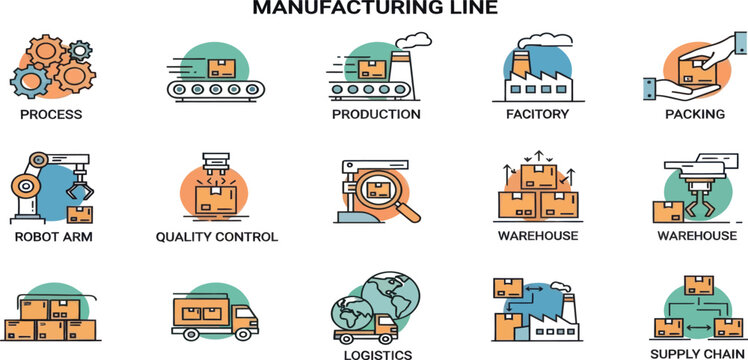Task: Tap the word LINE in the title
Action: tap(471, 9)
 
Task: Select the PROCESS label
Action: tap(50, 114)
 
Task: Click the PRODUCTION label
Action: tap(376, 114)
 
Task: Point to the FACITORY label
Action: tap(537, 114)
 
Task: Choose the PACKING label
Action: tap(695, 114)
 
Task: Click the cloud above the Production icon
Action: tap(414, 41)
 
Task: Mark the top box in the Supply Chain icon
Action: tap(697, 285)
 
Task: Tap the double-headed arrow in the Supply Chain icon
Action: tap(697, 328)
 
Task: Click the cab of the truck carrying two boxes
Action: tap(243, 318)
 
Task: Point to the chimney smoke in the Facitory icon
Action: tap(558, 39)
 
